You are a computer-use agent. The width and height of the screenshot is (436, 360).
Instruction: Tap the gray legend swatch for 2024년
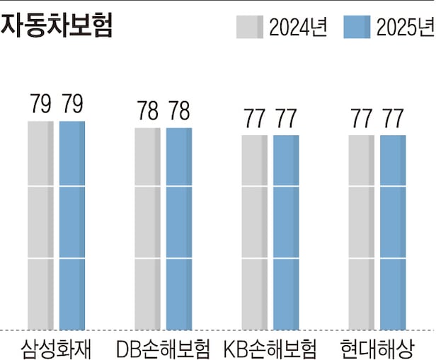pyautogui.click(x=250, y=28)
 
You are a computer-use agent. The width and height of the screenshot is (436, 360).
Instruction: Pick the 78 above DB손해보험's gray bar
pyautogui.click(x=148, y=112)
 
